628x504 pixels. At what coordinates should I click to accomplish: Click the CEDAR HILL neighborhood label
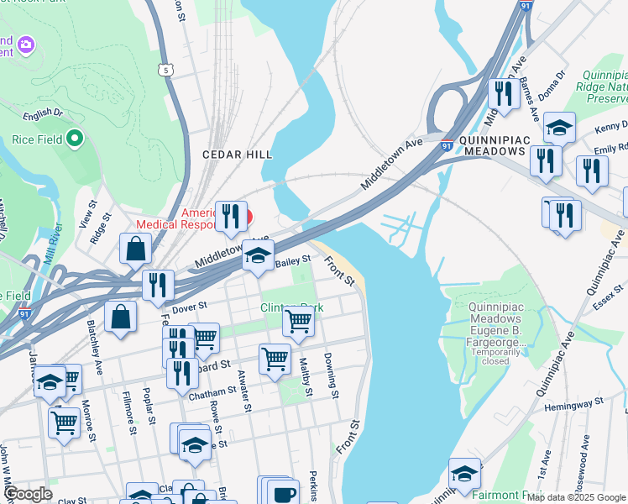(x=237, y=155)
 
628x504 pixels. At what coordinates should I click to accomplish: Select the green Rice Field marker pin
(x=74, y=139)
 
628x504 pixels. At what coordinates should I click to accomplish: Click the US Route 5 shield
(x=168, y=71)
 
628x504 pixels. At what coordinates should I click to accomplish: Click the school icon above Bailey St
(x=259, y=255)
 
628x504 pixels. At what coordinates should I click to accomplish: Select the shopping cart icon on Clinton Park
(x=299, y=320)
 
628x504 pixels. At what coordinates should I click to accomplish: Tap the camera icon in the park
(x=26, y=44)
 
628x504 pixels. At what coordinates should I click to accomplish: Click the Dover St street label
(x=189, y=309)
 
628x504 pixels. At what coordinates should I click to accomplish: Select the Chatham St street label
(x=214, y=391)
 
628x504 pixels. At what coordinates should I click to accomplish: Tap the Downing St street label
(x=332, y=375)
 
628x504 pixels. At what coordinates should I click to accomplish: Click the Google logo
(x=29, y=494)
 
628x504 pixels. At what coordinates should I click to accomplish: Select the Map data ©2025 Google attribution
(x=576, y=497)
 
